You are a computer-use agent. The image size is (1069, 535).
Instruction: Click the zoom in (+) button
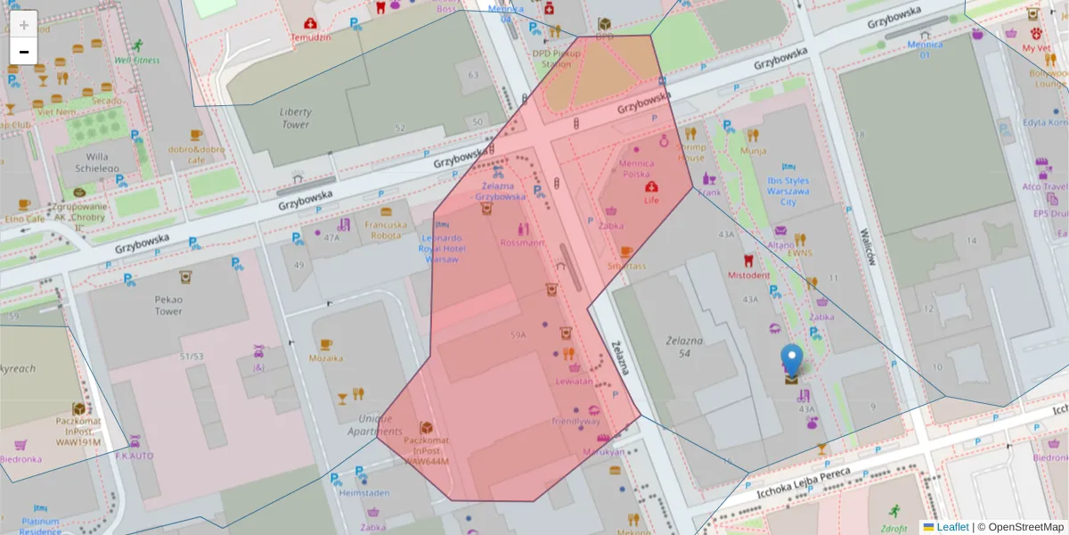[x=24, y=24]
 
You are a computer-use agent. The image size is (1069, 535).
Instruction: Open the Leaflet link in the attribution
[x=952, y=527]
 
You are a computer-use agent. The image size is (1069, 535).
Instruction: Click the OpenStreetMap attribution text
[x=1025, y=527]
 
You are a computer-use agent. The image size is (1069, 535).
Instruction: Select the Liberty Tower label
[x=295, y=119]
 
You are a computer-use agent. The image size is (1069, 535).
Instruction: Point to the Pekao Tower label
[x=168, y=306]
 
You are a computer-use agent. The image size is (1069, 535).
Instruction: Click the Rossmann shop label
[x=522, y=243]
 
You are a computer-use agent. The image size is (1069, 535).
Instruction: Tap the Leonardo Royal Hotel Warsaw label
[x=441, y=249]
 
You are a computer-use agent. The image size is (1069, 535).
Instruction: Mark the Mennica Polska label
[x=636, y=169]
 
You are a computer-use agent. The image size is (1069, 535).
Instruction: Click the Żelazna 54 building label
[x=684, y=348]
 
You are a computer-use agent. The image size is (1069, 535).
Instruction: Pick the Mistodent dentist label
[x=748, y=276]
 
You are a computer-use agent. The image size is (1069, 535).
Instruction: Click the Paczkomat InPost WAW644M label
[x=427, y=451]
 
